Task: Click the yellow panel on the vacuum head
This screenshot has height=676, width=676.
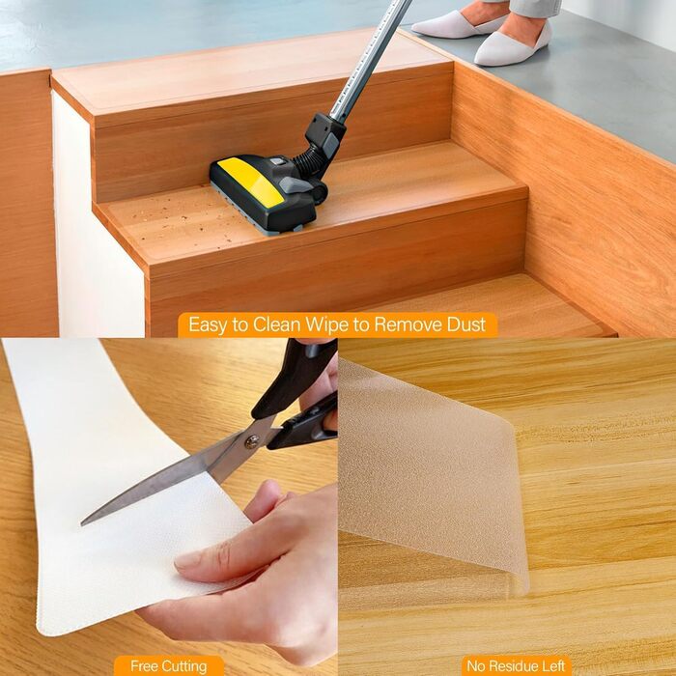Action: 251,182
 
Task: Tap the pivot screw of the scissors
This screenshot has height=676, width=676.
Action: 252,441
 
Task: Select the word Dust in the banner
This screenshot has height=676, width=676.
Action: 466,324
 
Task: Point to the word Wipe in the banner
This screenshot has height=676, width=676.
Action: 329,324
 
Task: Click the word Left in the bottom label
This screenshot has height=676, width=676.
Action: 552,666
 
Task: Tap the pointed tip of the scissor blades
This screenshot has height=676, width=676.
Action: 83,523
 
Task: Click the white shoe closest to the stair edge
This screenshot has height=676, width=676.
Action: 513,44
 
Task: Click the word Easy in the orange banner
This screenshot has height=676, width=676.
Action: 208,325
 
